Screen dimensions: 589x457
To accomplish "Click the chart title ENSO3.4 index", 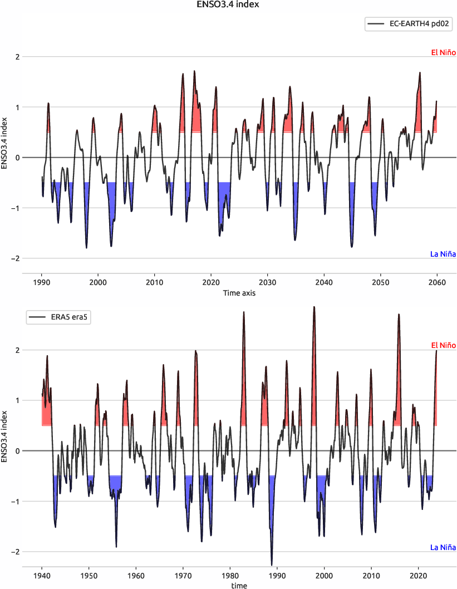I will pos(228,5).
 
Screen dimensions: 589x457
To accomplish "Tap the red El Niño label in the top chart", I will pos(444,53).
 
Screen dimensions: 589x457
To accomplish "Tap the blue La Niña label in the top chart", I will pos(443,254).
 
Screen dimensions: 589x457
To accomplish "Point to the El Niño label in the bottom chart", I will pos(444,346).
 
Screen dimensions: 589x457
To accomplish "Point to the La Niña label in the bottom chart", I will pos(443,547).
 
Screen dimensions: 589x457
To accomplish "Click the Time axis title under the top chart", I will pos(239,293).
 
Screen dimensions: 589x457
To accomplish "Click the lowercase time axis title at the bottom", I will pos(239,585).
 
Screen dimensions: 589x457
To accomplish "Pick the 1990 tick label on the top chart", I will pos(42,282).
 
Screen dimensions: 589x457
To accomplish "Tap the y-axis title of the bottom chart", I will pos(5,436).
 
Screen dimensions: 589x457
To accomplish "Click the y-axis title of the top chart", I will pos(5,143).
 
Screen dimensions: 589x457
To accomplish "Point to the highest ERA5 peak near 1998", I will pos(314,307).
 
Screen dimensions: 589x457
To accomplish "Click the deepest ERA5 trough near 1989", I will pos(272,565).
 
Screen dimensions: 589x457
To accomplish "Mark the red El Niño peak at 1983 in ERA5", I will pos(244,313).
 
